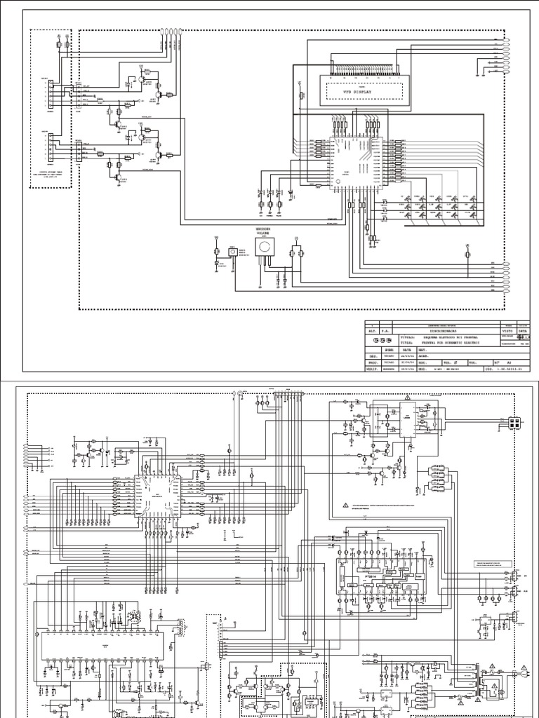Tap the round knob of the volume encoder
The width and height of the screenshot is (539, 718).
(265, 248)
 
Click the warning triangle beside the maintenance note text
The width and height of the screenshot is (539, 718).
(346, 506)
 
